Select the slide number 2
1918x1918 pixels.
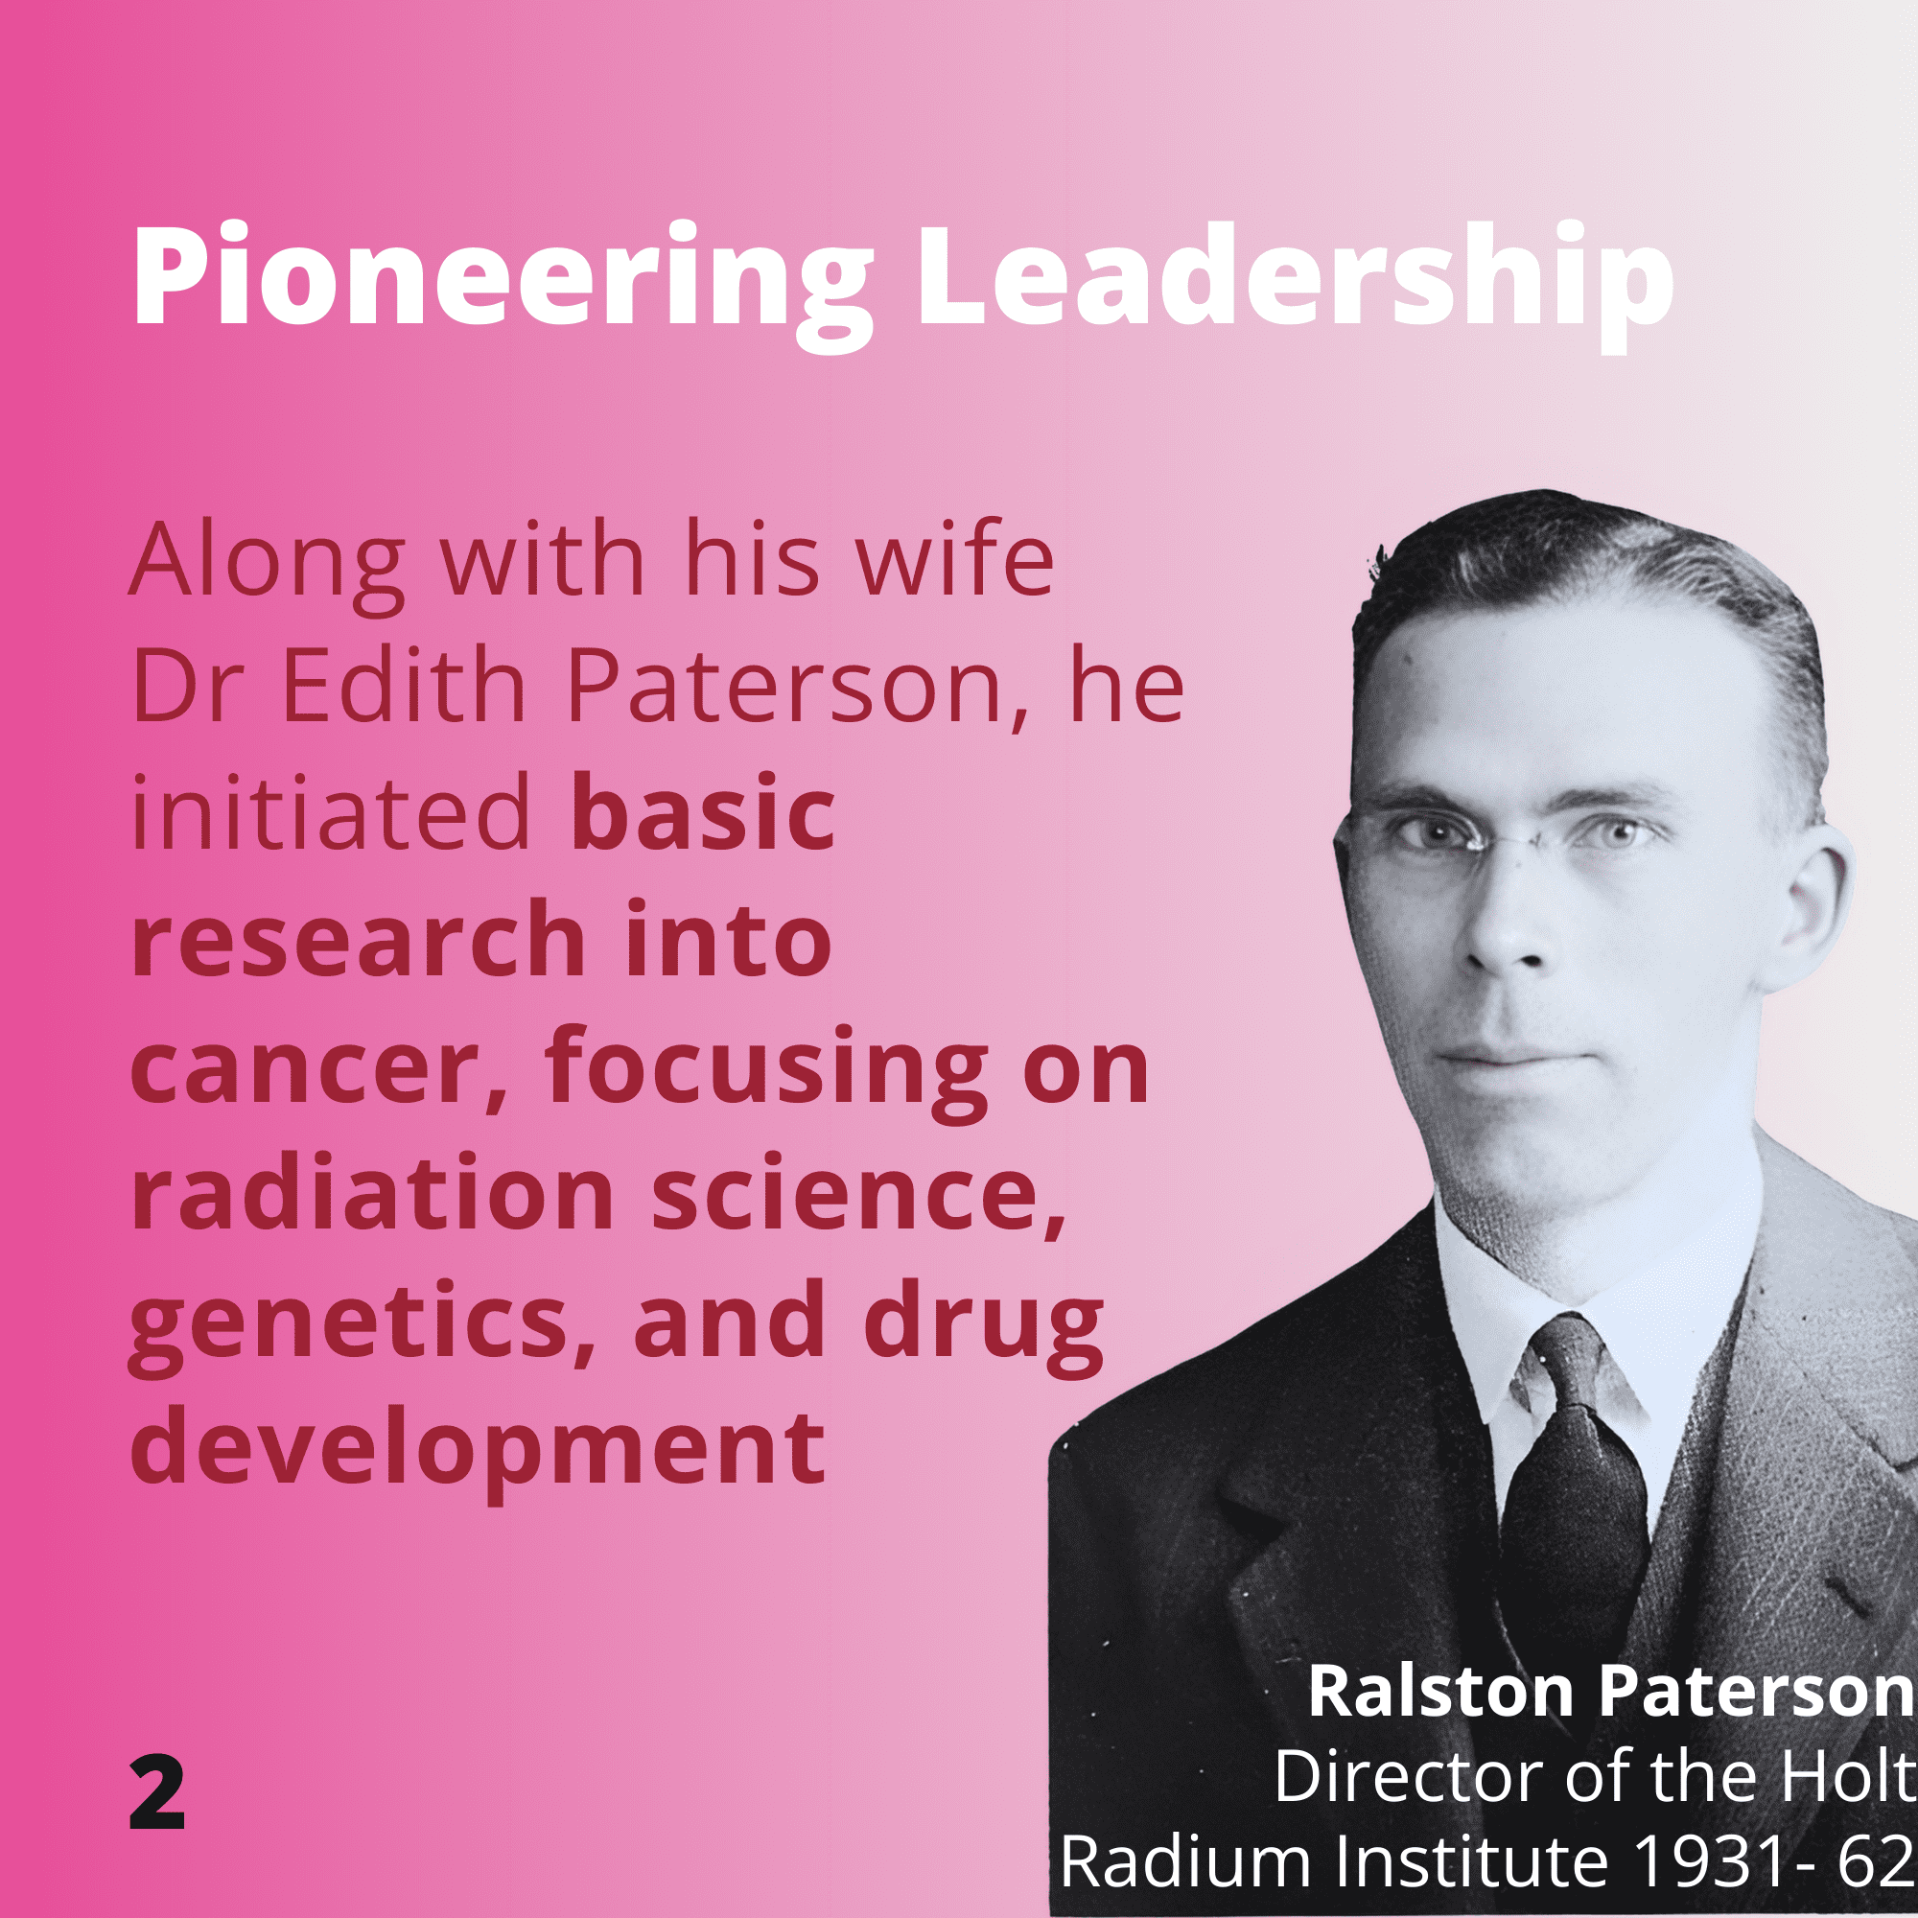click(x=157, y=1794)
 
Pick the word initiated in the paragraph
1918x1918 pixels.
click(x=332, y=813)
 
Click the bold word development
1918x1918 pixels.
click(x=478, y=1450)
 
